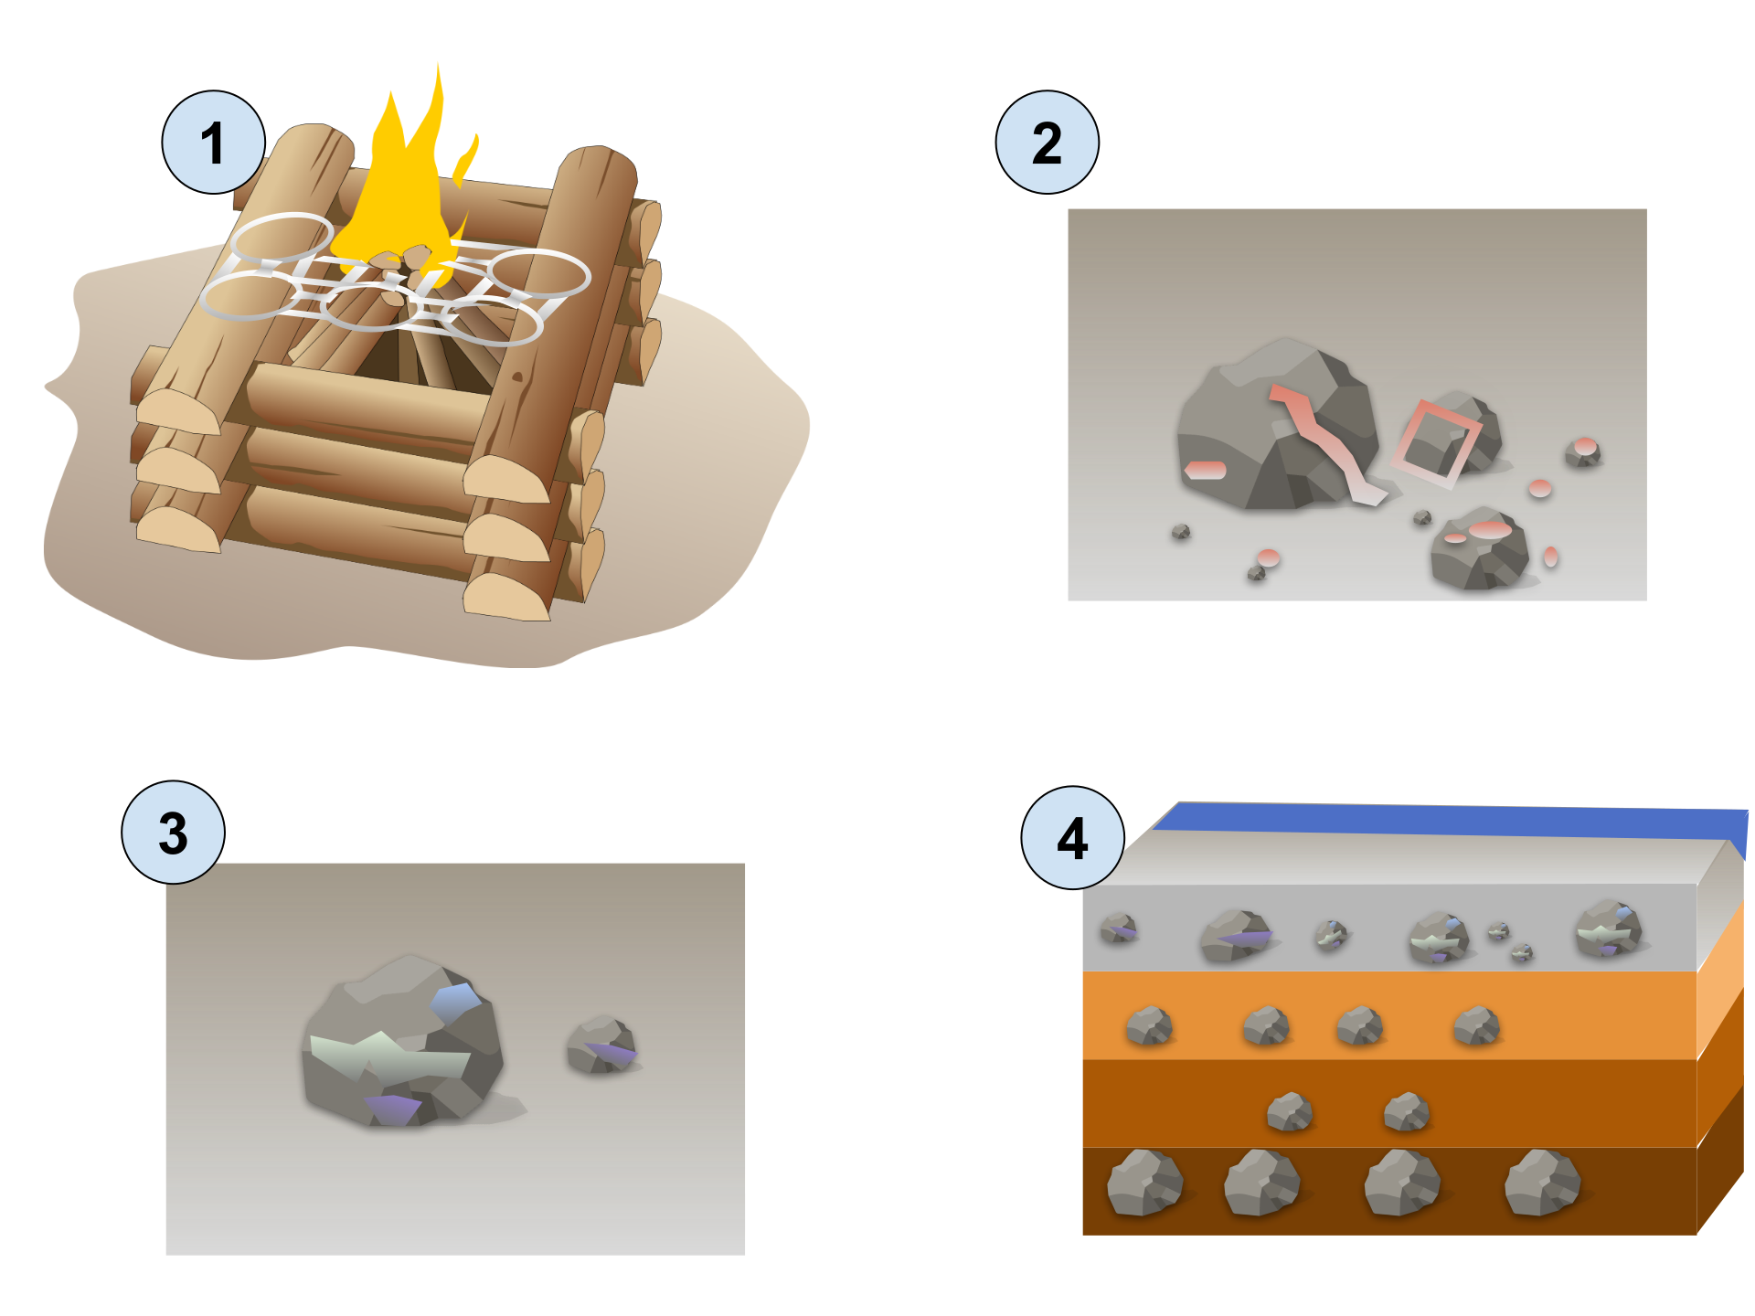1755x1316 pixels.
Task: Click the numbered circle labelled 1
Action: tap(213, 143)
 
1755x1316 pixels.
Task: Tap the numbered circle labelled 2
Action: tap(1047, 143)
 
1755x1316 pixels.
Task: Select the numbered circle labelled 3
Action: tap(173, 833)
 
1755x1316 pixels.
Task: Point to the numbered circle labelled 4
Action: tap(1072, 838)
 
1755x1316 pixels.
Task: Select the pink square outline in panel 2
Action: tap(1435, 443)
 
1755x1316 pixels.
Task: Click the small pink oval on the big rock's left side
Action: tap(1205, 470)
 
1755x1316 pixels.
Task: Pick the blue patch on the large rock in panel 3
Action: tap(454, 1002)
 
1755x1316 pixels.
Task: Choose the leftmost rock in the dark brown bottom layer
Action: tap(1143, 1183)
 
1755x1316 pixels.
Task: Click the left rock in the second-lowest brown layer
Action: tap(1289, 1112)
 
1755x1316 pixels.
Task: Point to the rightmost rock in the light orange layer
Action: tap(1475, 1025)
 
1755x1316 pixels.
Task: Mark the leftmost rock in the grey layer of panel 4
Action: tap(1118, 928)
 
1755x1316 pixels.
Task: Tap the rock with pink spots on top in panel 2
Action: tap(1479, 548)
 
